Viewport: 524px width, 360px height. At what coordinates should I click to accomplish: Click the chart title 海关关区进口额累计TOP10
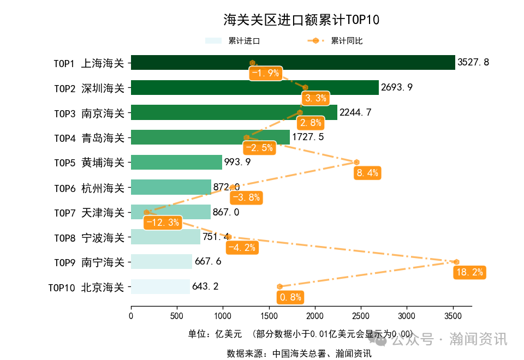301,20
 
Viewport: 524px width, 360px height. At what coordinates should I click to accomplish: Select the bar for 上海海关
293,63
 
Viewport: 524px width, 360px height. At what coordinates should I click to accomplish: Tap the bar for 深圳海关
254,88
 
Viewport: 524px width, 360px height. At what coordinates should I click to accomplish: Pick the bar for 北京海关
160,286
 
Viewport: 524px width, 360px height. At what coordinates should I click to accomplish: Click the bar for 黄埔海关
176,163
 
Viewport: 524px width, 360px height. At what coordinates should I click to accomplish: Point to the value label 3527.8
473,63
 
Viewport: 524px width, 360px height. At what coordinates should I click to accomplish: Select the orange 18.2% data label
469,273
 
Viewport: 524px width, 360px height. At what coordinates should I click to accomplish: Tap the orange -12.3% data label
163,223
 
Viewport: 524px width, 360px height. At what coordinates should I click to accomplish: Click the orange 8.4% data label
367,173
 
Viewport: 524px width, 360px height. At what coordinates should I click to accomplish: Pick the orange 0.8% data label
290,297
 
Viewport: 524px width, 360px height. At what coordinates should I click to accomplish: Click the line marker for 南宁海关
456,262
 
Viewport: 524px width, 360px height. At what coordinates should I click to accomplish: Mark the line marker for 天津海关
146,212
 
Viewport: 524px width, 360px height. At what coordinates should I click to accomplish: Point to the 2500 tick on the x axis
360,316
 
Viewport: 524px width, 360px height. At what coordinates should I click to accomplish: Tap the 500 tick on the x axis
177,316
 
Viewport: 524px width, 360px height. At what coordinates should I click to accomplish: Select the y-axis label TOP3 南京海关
89,113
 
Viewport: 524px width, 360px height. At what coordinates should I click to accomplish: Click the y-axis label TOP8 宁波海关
89,238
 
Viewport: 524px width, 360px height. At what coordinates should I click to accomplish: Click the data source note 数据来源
299,353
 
